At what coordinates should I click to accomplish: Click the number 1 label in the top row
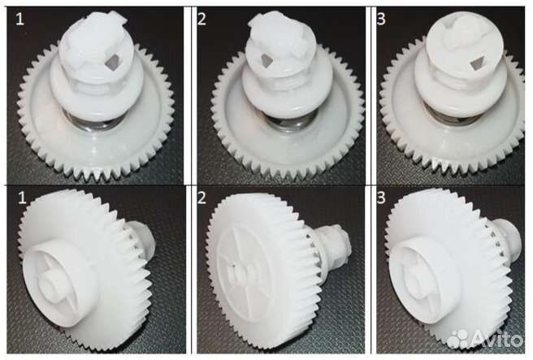click(20, 19)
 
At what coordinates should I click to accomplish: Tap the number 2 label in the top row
click(201, 19)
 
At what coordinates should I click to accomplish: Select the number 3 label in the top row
click(381, 19)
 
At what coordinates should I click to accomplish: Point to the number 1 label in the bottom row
click(22, 197)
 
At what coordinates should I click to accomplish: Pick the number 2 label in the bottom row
click(201, 197)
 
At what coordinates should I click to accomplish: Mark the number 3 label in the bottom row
click(381, 197)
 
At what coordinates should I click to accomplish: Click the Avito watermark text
click(497, 338)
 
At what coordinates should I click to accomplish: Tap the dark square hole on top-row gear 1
click(110, 63)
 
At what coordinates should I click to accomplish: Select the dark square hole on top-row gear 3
click(478, 64)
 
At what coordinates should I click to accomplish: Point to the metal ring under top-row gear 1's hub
click(91, 122)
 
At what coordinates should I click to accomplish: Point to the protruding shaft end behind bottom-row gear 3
click(506, 238)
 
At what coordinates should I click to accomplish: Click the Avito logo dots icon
click(458, 339)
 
